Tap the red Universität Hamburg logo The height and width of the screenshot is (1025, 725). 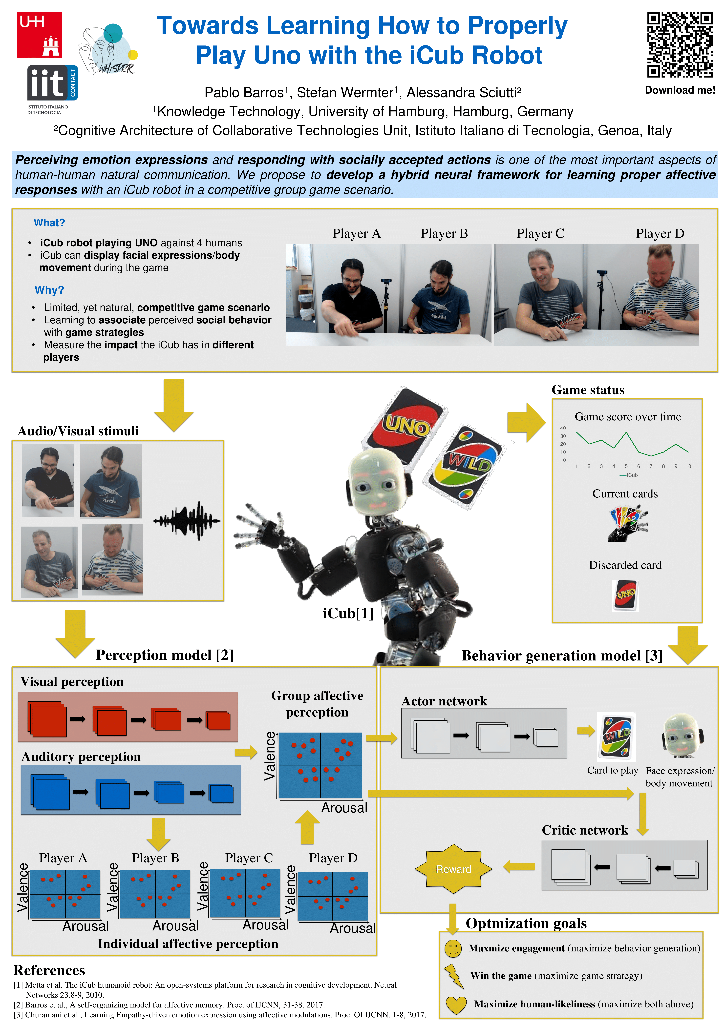coord(39,35)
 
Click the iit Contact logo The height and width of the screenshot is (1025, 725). coord(52,83)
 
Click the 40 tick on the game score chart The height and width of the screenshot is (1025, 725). coord(563,428)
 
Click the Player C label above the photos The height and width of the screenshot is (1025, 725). coord(540,233)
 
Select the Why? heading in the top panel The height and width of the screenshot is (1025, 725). coord(49,290)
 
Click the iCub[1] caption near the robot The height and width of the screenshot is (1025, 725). coord(348,613)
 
